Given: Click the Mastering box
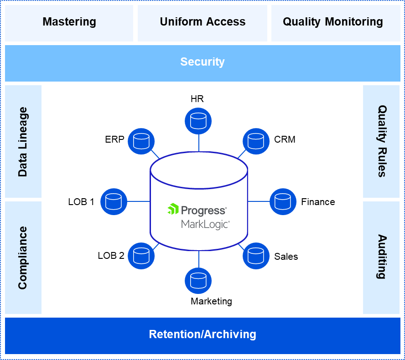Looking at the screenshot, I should click(69, 22).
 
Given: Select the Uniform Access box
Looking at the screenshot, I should click(202, 22).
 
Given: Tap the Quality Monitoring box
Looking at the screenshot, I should click(333, 22).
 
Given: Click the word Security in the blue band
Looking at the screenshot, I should click(202, 62).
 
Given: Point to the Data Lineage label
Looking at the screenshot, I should click(23, 142).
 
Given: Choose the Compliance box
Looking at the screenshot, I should click(23, 257).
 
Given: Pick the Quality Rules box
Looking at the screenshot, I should click(381, 141).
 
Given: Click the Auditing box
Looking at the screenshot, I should click(381, 257).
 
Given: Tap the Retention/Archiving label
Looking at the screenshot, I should click(202, 334).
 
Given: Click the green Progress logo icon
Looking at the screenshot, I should click(173, 209).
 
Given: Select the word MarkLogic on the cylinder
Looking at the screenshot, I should click(205, 224).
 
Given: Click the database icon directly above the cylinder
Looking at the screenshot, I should click(198, 121).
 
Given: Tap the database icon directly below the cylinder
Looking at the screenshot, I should click(198, 280).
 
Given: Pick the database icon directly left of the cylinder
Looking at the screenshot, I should click(114, 201).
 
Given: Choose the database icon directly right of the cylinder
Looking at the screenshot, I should click(283, 201).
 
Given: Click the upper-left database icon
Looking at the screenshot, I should click(141, 141).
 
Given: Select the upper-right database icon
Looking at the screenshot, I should click(256, 141).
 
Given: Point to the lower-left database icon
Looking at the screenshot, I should click(141, 256).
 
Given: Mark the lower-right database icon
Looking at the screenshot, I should click(256, 256).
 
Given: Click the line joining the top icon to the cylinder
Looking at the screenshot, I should click(199, 144).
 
